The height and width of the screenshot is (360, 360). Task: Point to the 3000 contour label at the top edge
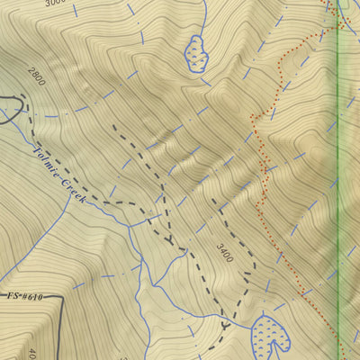56,4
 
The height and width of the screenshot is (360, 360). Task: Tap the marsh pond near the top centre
196,56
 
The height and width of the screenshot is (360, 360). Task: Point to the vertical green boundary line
337,180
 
